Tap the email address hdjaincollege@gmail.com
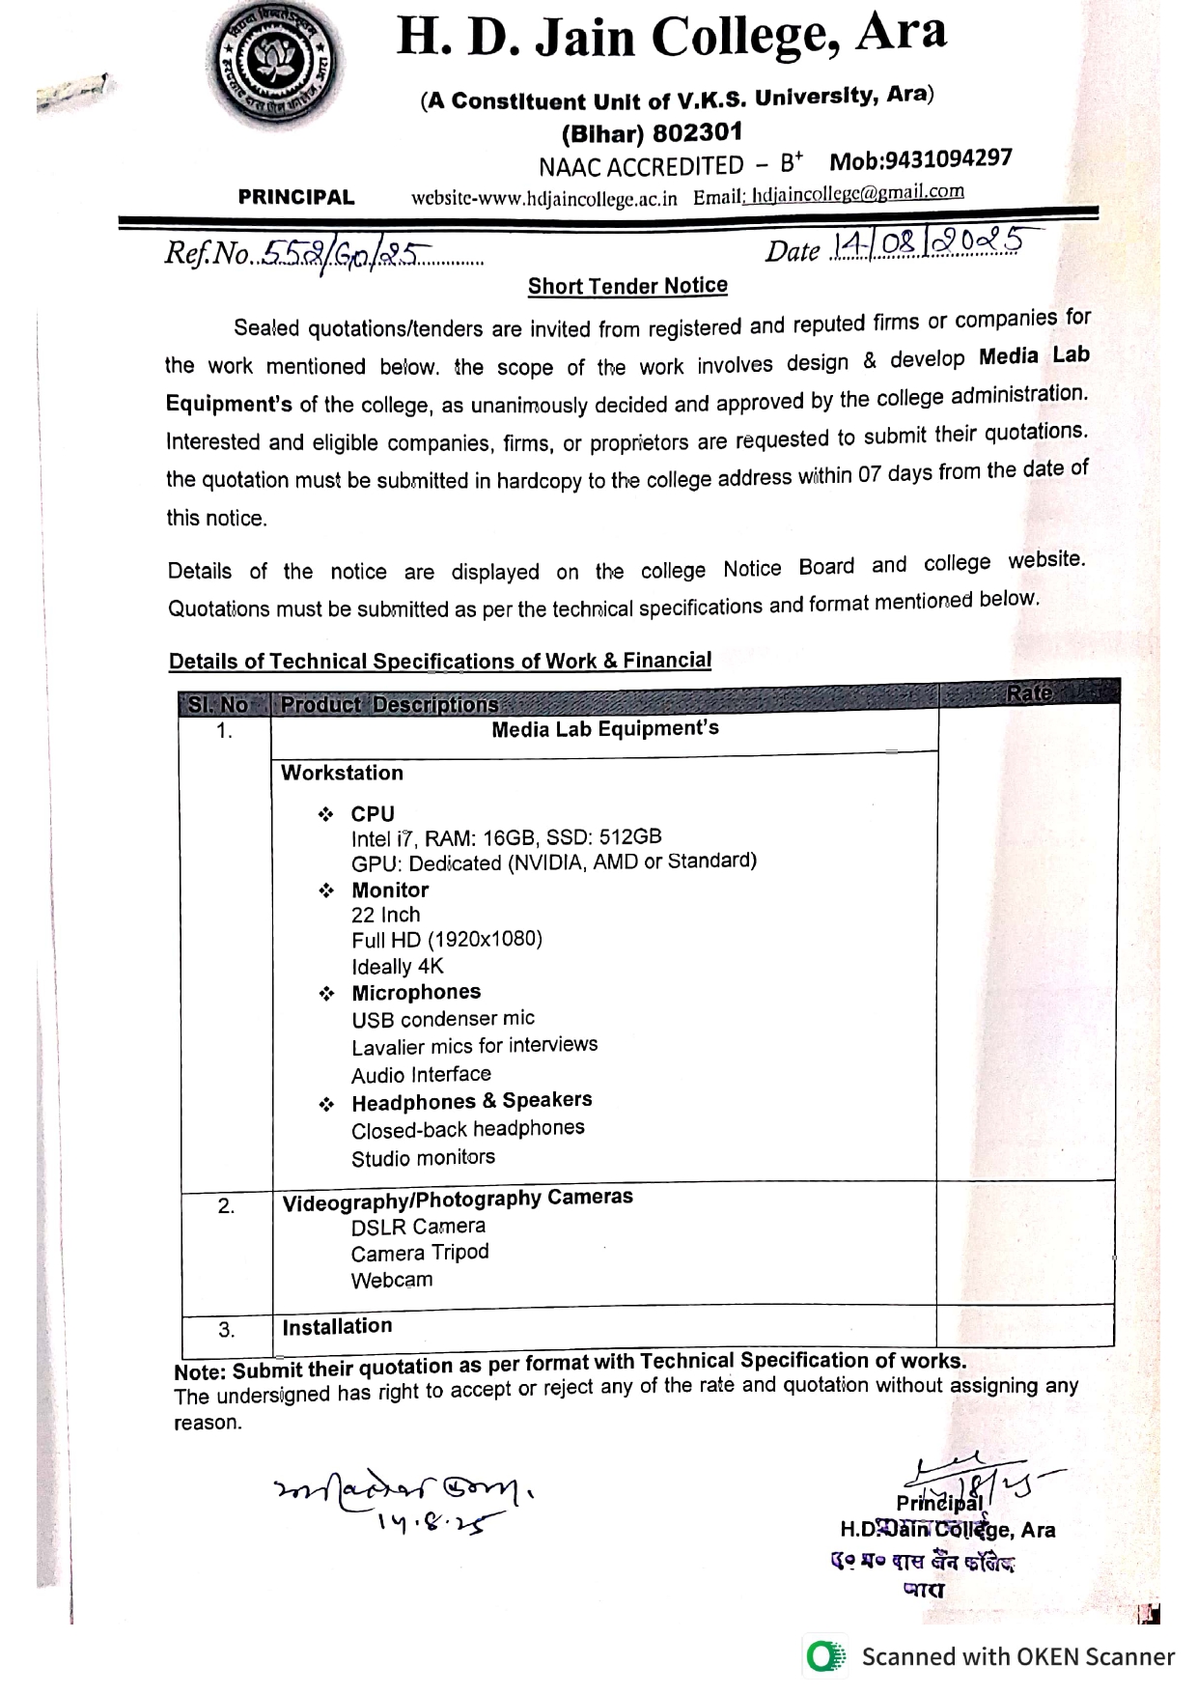click(858, 192)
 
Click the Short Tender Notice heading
click(627, 286)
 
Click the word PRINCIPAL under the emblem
click(296, 198)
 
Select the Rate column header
click(1029, 692)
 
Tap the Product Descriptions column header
click(389, 705)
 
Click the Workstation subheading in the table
click(342, 773)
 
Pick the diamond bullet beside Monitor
click(326, 890)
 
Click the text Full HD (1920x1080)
click(447, 939)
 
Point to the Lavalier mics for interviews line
click(474, 1046)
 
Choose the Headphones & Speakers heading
click(471, 1102)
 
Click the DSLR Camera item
click(418, 1227)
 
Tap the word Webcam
click(392, 1281)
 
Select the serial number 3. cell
click(226, 1330)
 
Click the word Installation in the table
click(337, 1326)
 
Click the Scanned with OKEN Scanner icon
click(824, 1657)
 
